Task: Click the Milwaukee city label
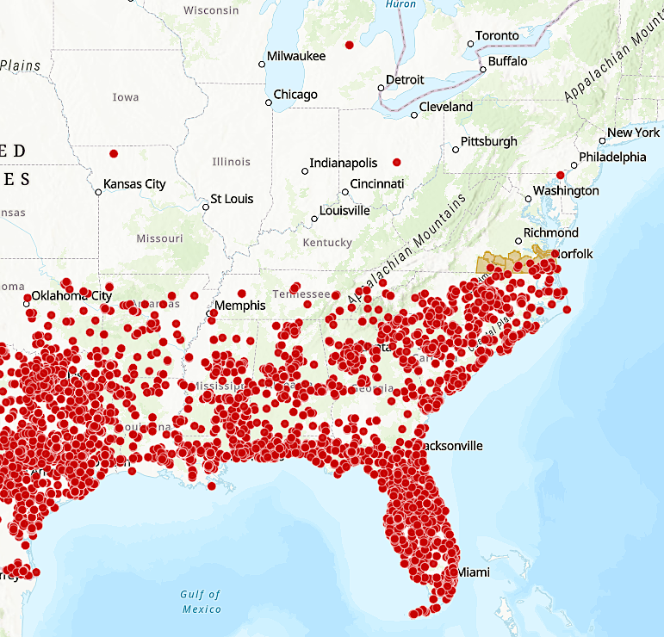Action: [296, 56]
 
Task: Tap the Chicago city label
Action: [295, 95]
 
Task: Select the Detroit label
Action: [405, 80]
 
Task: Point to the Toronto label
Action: [497, 36]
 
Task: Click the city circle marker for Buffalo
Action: [483, 69]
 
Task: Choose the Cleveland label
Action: [446, 108]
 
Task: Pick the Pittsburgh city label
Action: [489, 141]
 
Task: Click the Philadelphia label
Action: [612, 158]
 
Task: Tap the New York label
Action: [634, 133]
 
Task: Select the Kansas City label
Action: [134, 184]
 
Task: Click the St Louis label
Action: [233, 199]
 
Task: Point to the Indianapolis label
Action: [344, 164]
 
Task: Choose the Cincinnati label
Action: [377, 184]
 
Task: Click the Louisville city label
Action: [344, 211]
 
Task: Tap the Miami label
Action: [474, 572]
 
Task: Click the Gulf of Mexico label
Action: [201, 602]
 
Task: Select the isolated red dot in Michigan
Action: [349, 45]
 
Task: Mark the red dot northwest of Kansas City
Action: [114, 154]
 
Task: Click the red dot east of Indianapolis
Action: [397, 162]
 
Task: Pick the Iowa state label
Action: [126, 97]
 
